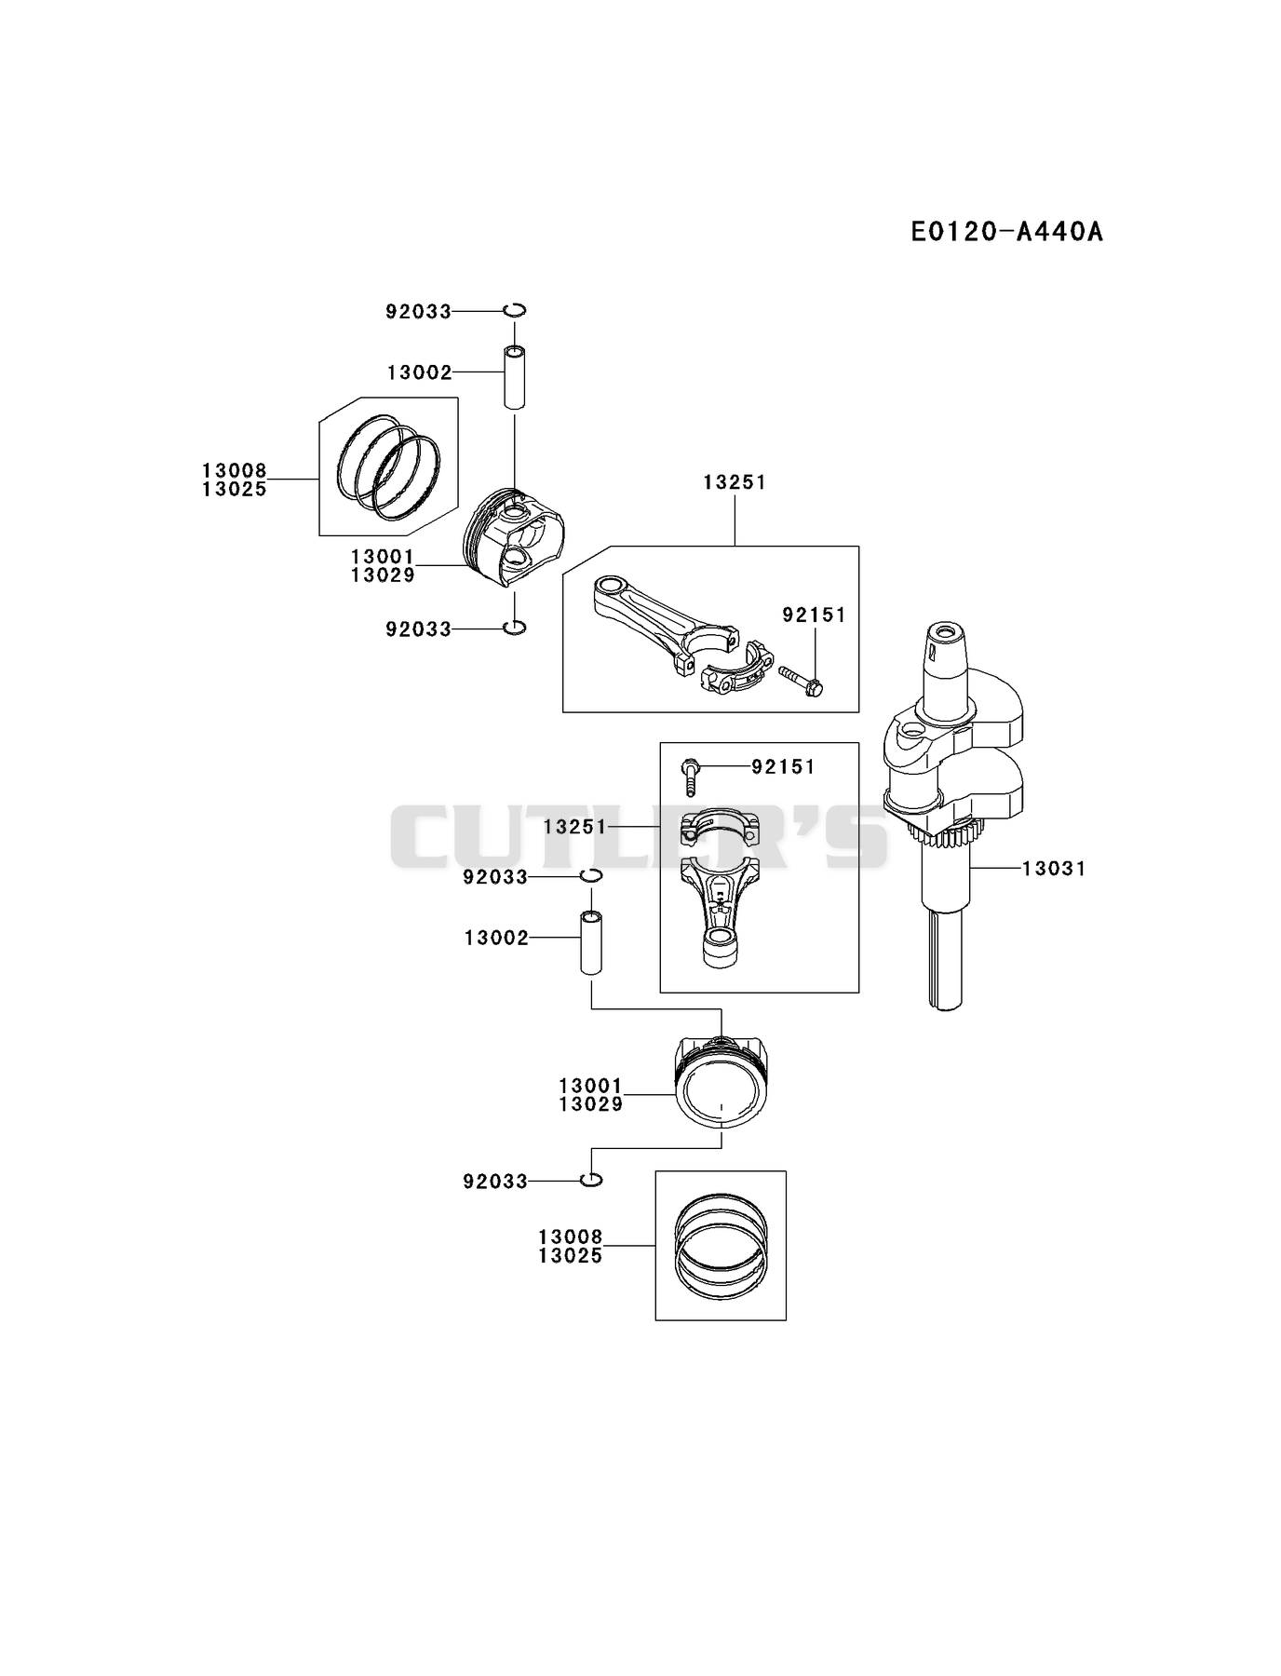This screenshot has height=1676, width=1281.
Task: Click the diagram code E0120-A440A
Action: point(1006,231)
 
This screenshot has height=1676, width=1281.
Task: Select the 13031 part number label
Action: point(1054,869)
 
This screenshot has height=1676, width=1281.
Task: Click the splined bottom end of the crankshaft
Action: point(948,968)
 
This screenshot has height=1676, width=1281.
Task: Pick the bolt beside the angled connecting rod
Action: point(802,681)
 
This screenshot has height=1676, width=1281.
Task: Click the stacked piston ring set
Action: point(721,1244)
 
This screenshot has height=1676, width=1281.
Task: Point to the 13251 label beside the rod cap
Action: point(574,827)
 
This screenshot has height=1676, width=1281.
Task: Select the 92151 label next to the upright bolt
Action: point(783,767)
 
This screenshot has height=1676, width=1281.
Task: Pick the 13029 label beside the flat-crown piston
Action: point(591,1104)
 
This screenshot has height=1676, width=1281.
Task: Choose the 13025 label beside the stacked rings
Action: point(571,1256)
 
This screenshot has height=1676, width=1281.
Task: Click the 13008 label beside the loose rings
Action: point(235,471)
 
